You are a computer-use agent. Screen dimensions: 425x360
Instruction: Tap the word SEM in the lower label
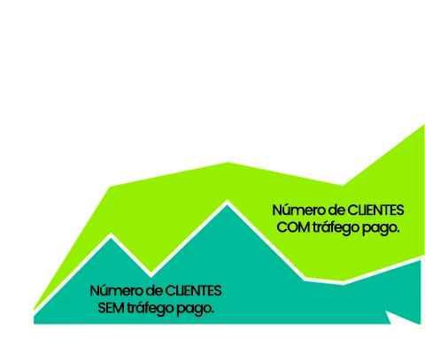click(111, 308)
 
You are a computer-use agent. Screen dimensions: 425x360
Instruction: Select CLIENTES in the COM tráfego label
click(375, 211)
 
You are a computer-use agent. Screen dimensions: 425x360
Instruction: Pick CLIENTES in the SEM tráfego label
click(193, 291)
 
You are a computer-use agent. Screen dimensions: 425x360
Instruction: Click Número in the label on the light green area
click(298, 211)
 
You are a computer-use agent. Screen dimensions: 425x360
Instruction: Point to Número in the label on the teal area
click(116, 291)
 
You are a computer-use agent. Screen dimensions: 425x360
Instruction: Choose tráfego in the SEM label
click(150, 309)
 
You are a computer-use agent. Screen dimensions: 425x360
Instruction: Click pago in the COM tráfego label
click(380, 229)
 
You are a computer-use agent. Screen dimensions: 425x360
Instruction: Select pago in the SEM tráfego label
click(195, 310)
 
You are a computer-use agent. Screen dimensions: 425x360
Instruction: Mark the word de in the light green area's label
click(336, 211)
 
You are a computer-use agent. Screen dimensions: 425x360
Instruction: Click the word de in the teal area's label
click(153, 291)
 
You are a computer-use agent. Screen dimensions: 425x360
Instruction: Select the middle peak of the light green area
click(228, 163)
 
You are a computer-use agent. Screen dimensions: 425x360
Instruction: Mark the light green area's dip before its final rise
click(343, 186)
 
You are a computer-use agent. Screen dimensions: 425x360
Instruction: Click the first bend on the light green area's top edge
click(110, 187)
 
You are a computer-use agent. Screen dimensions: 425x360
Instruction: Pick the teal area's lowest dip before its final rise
click(343, 282)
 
